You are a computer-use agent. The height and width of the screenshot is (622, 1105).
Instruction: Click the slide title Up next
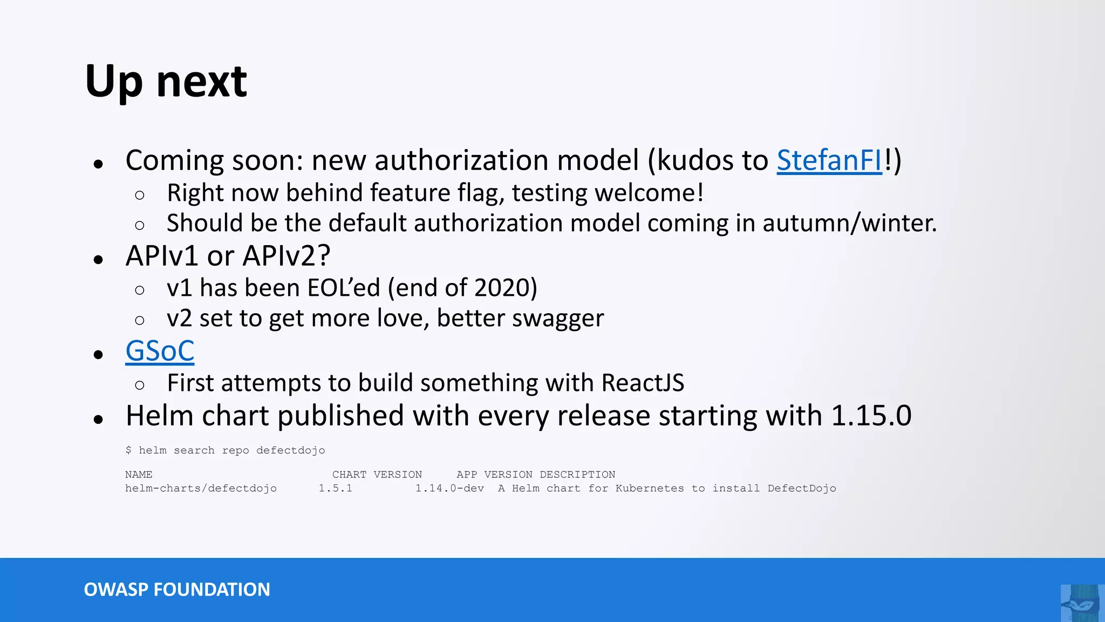[166, 81]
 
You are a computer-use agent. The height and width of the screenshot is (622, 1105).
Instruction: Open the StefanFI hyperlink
[829, 160]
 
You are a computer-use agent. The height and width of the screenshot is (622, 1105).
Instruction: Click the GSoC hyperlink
[160, 351]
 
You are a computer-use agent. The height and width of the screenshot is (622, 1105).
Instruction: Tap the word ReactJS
[643, 383]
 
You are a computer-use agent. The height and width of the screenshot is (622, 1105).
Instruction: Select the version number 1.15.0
[871, 416]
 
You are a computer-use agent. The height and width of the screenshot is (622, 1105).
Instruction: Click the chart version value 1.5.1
[335, 489]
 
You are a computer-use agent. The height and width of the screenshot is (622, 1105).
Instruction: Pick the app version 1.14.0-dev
[449, 489]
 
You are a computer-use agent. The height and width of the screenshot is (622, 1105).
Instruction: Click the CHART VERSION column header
[377, 475]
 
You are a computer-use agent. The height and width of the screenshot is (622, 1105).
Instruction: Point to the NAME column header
[139, 475]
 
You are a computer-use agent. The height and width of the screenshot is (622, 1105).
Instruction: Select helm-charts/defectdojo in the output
[201, 489]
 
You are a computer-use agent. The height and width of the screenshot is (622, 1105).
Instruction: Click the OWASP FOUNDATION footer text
[177, 590]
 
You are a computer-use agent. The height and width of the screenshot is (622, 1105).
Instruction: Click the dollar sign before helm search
[128, 450]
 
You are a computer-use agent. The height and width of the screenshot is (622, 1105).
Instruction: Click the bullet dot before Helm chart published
[98, 420]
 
